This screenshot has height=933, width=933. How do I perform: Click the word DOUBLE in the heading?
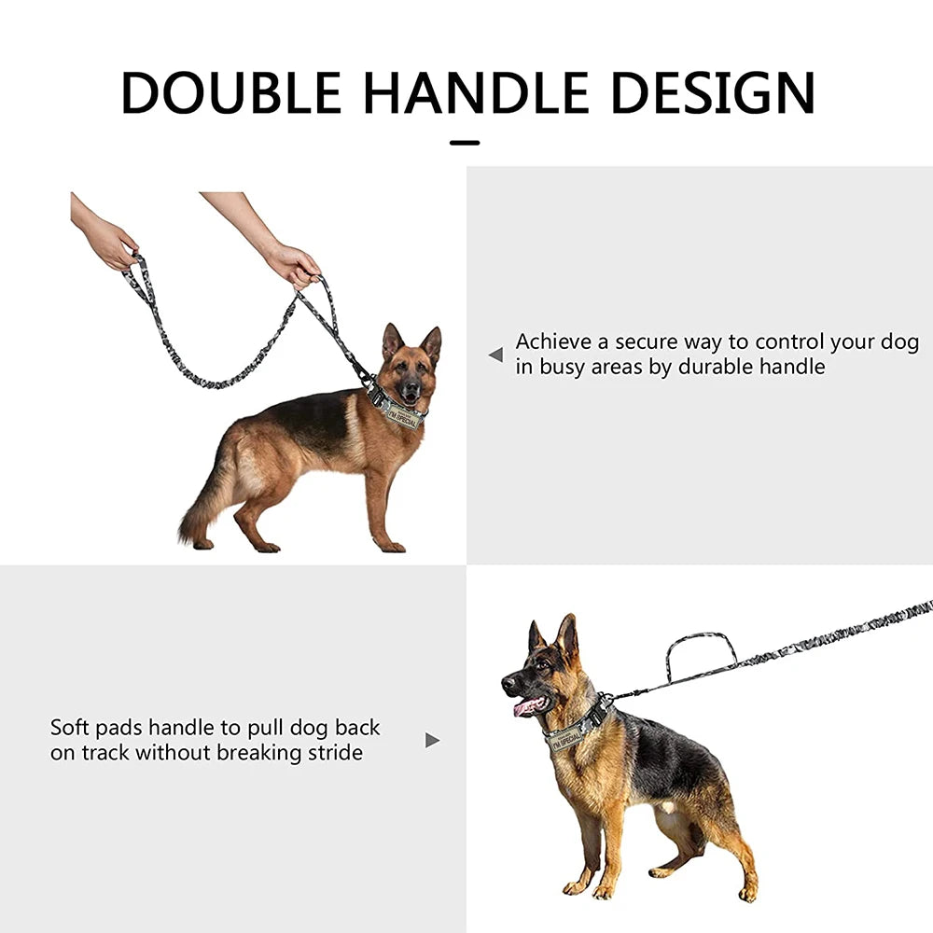230,92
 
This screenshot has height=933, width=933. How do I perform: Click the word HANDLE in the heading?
476,92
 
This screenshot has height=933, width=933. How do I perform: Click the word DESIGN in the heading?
712,92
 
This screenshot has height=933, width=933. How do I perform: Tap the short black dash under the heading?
465,143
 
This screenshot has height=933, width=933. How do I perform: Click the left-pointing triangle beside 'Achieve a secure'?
495,355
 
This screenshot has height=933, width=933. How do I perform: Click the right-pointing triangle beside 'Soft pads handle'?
433,740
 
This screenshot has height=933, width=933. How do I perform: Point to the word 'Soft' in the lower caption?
70,727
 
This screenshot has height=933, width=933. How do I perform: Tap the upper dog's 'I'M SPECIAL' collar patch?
402,417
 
